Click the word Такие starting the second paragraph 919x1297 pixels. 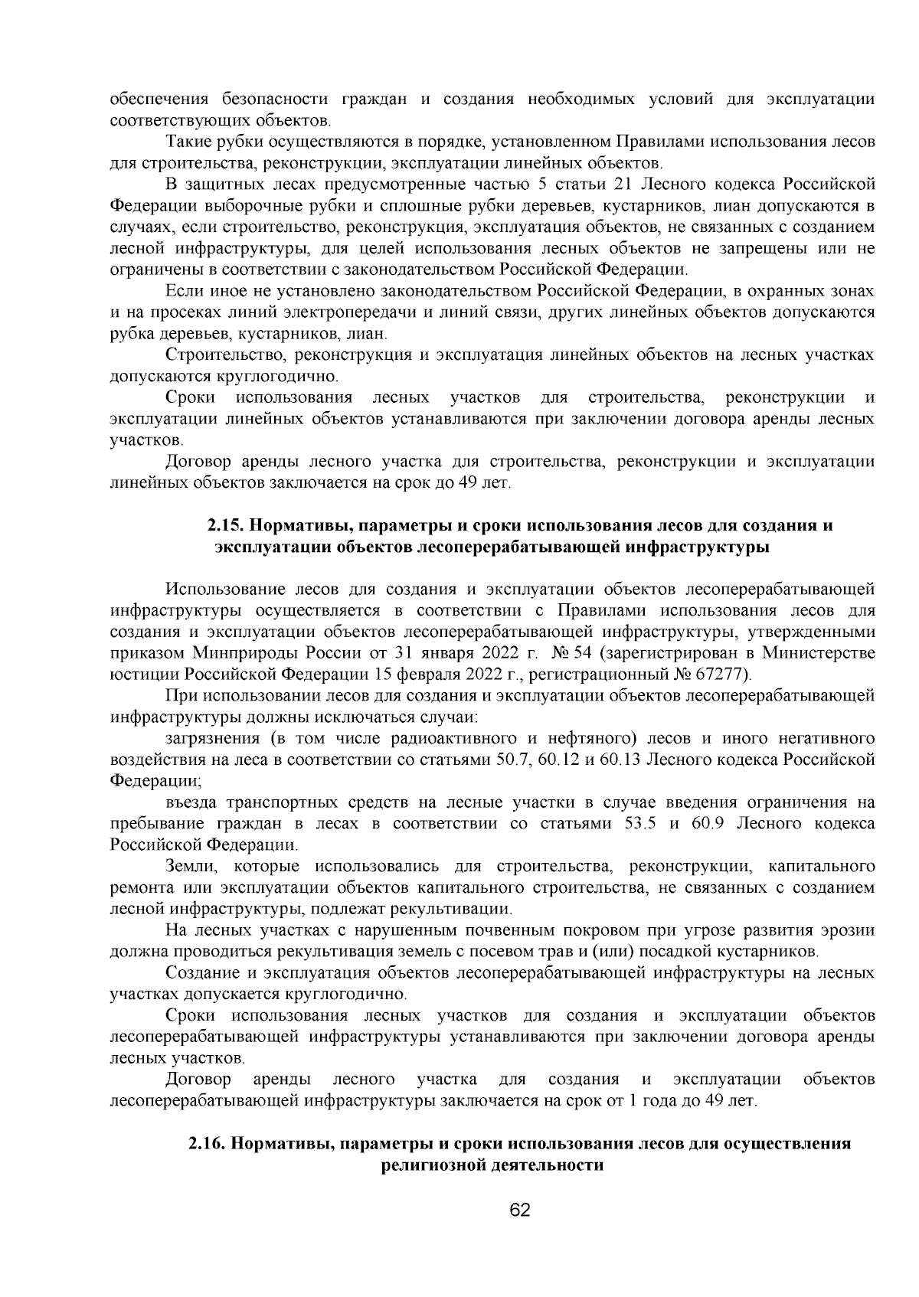coord(185,142)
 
